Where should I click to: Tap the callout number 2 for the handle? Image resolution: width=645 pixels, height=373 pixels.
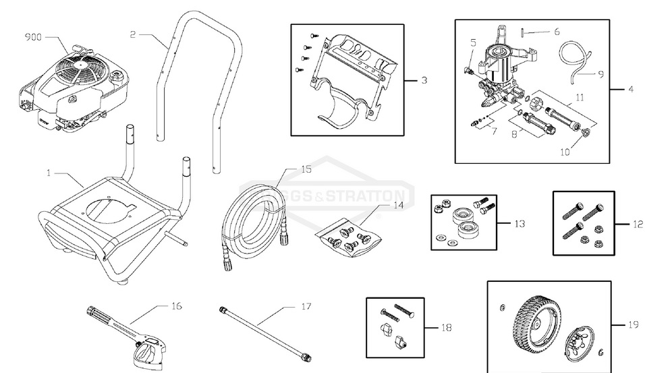[133, 33]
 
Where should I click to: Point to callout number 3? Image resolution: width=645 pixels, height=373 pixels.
[424, 80]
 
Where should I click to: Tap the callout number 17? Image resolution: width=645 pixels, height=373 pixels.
[306, 306]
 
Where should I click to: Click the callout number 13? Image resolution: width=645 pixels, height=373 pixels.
[518, 223]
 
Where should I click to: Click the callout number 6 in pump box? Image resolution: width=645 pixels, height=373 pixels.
[557, 32]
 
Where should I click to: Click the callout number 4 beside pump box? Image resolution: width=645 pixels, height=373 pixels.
[630, 89]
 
